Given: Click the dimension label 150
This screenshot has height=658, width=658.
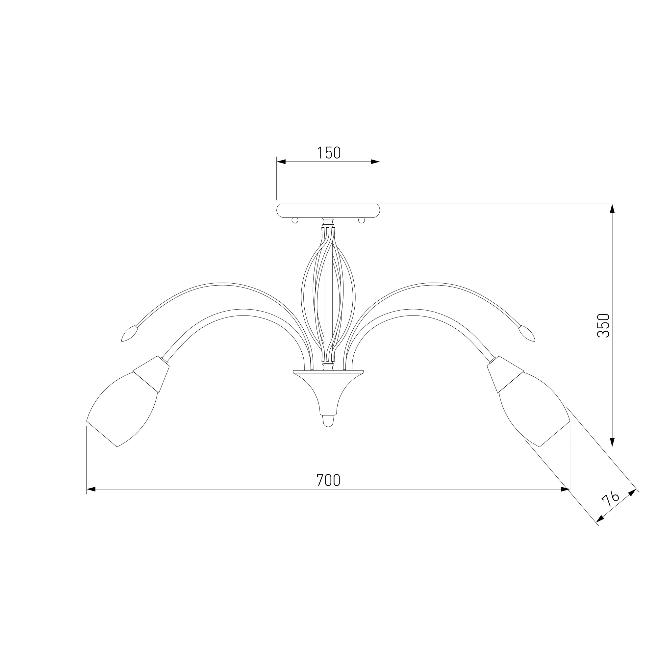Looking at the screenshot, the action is click(329, 153).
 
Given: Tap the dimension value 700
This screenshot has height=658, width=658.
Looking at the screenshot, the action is click(328, 480).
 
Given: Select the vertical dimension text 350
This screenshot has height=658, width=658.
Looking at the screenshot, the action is click(603, 325).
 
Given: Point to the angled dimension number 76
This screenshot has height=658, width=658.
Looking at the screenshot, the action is click(610, 500).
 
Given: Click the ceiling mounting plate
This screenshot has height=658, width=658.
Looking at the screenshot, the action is click(328, 211).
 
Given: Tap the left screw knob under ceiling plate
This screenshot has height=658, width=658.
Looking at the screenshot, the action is click(295, 220).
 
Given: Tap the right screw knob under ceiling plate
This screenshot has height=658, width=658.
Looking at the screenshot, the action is click(361, 220).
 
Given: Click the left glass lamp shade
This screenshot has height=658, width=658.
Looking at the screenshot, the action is click(123, 409).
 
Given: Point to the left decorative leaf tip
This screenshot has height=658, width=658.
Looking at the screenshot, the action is click(130, 333).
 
